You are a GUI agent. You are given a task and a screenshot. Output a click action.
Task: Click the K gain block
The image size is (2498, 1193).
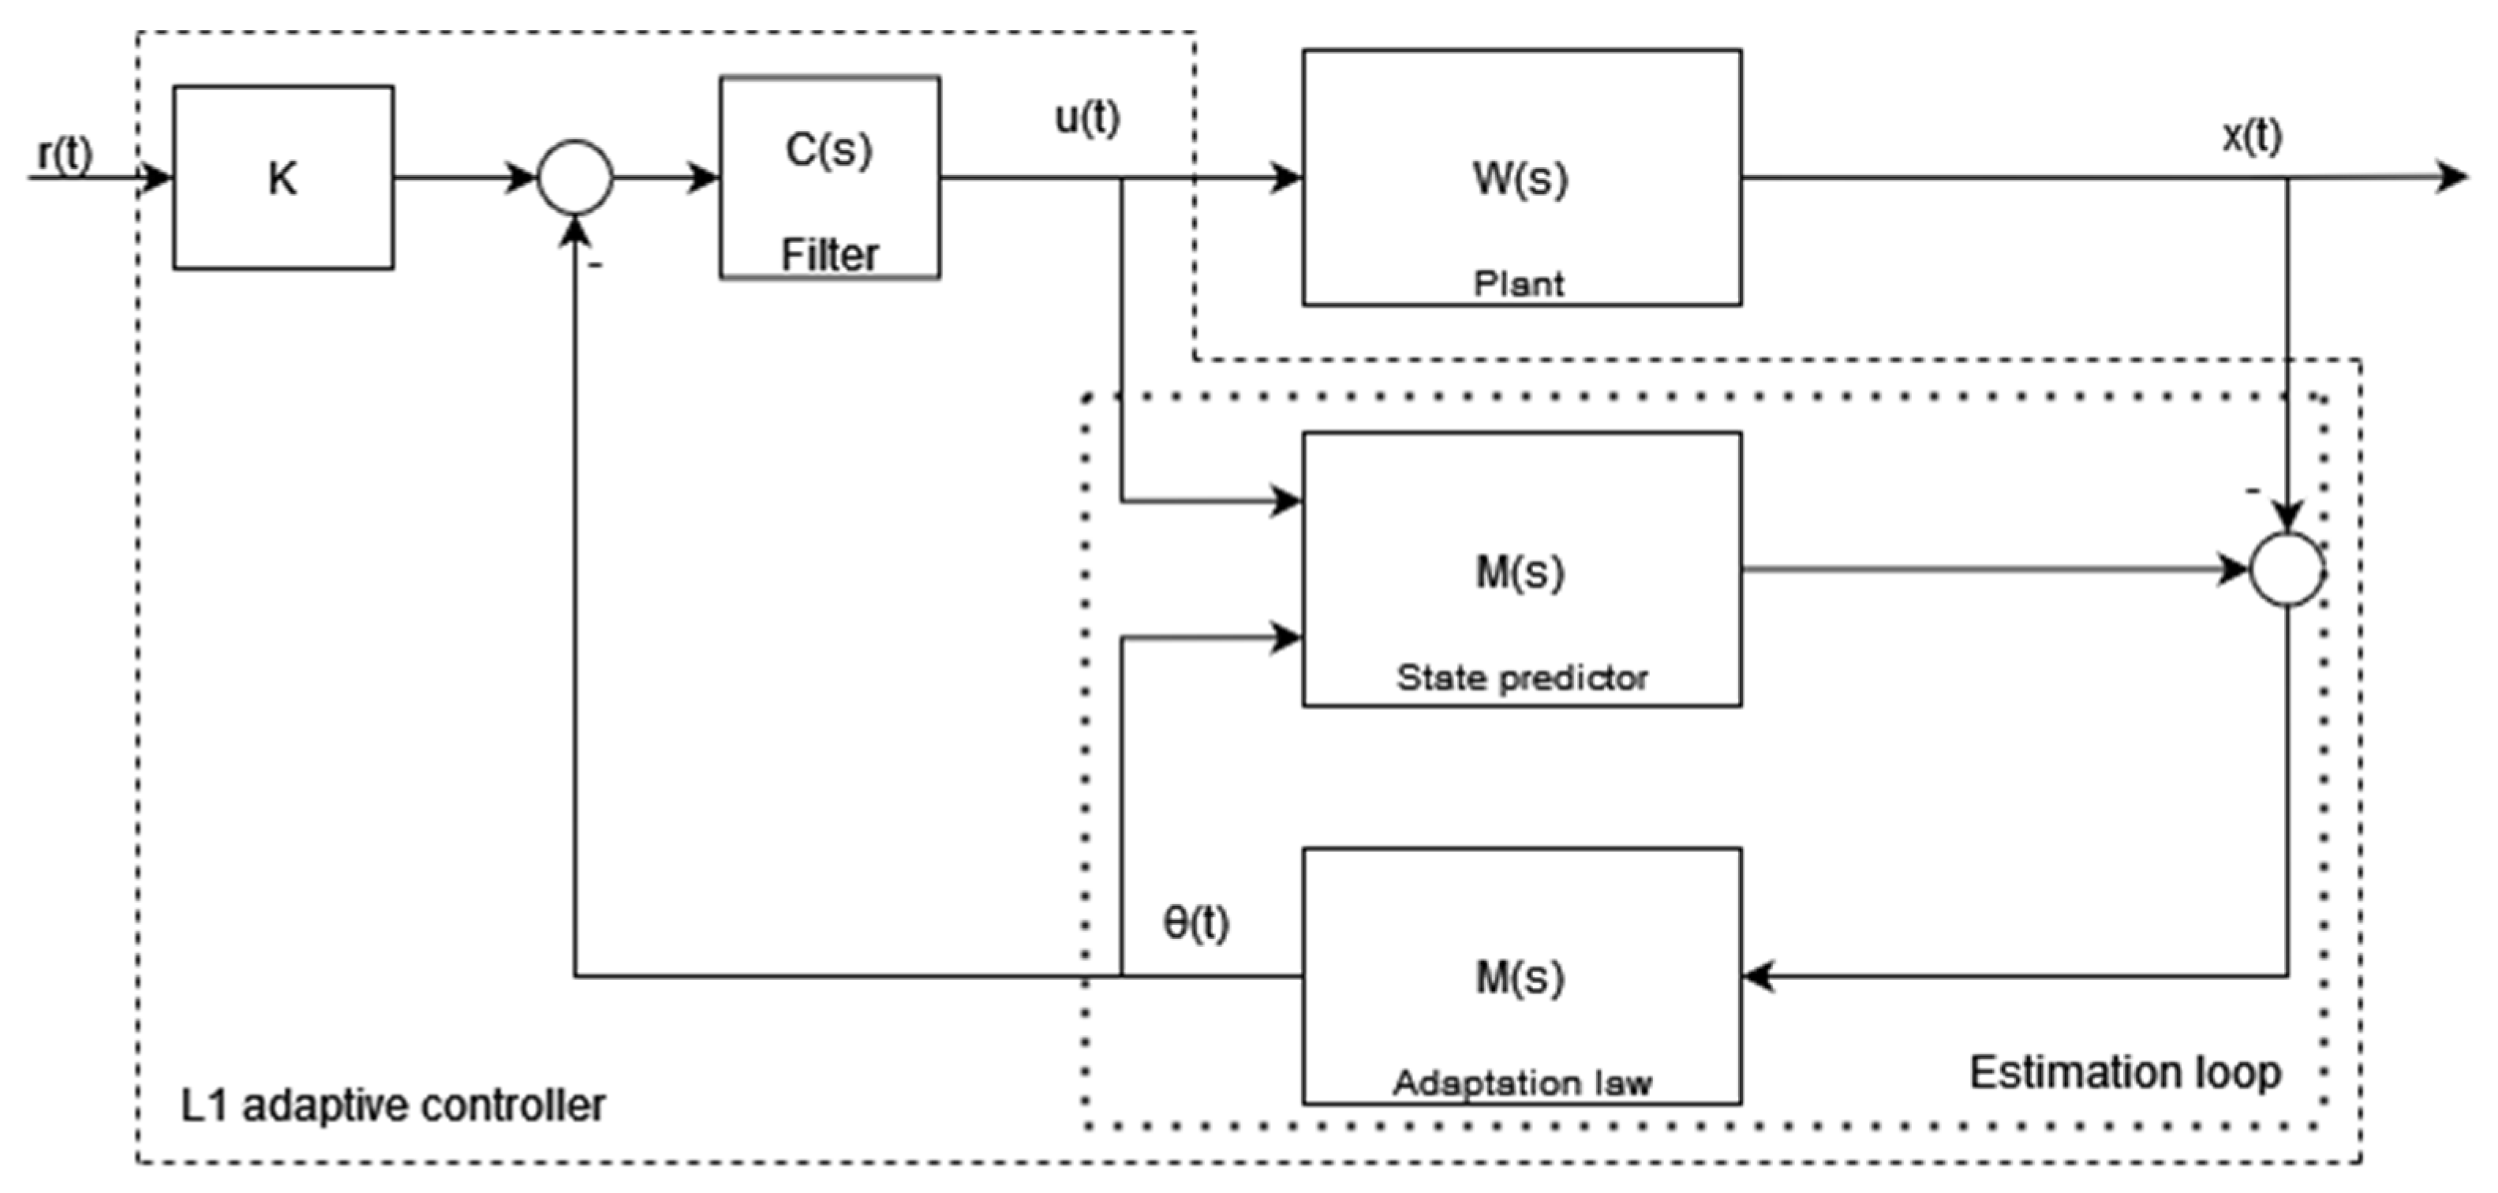tap(282, 178)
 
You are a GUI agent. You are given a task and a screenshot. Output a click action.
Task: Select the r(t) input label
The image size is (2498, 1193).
tap(65, 153)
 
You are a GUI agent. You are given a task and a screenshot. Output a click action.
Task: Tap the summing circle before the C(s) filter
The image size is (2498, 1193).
tap(575, 178)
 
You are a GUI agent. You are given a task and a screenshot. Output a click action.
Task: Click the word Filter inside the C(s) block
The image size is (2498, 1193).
tap(829, 255)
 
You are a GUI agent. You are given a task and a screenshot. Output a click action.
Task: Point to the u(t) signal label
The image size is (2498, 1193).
tap(1087, 118)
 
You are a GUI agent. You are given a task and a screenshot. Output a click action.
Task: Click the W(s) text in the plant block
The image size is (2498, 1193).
tap(1520, 178)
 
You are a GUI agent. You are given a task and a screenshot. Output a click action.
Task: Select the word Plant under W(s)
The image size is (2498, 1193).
tap(1519, 283)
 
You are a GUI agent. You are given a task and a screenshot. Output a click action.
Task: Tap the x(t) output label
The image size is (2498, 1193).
tap(2252, 136)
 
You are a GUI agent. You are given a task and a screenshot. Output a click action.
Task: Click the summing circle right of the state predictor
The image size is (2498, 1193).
tap(2287, 570)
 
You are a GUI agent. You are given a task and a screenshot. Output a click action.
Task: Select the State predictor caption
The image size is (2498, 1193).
tap(1521, 677)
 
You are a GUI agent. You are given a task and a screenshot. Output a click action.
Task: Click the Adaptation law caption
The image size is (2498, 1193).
tap(1521, 1083)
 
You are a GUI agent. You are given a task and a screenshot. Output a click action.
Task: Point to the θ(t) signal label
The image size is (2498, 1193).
tap(1195, 922)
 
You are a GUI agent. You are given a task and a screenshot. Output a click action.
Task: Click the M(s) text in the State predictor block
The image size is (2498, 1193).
tap(1520, 572)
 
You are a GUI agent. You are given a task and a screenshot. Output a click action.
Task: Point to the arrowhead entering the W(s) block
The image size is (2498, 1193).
tap(1287, 178)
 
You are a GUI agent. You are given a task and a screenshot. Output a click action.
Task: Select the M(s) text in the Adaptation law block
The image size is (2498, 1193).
tap(1520, 978)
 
